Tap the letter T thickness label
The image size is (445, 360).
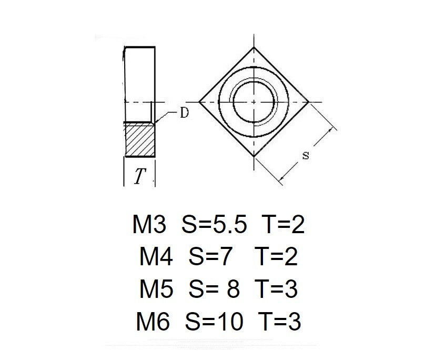coord(138,177)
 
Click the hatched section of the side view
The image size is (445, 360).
coord(141,139)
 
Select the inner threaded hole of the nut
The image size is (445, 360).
coord(254,101)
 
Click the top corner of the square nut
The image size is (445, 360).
coord(254,47)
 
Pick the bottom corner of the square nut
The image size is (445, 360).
coord(254,156)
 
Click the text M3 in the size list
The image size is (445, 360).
coord(149,225)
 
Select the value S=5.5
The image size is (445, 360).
coord(214,225)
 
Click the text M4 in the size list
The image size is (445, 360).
coord(156,257)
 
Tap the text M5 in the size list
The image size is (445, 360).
coord(156,289)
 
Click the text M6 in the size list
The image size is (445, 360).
coord(153,322)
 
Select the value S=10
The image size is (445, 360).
coord(214,322)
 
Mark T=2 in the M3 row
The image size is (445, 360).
coord(283,225)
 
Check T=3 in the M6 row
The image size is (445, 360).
coord(280,322)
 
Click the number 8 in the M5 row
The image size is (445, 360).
coord(232,289)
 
